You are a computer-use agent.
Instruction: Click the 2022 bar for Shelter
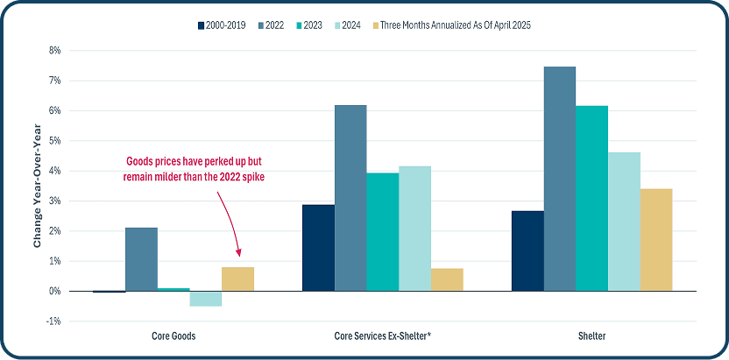click(560, 179)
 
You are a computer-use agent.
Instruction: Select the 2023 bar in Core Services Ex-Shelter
click(382, 232)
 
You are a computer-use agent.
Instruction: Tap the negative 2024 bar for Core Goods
click(205, 299)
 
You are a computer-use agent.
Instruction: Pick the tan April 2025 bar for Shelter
click(656, 240)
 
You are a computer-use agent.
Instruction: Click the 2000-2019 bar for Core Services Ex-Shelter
click(318, 248)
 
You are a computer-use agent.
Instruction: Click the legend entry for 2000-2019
click(230, 25)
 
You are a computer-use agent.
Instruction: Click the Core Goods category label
click(173, 336)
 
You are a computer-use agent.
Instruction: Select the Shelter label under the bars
click(591, 336)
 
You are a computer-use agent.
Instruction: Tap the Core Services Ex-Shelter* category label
click(382, 336)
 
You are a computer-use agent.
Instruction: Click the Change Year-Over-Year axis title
click(38, 186)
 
